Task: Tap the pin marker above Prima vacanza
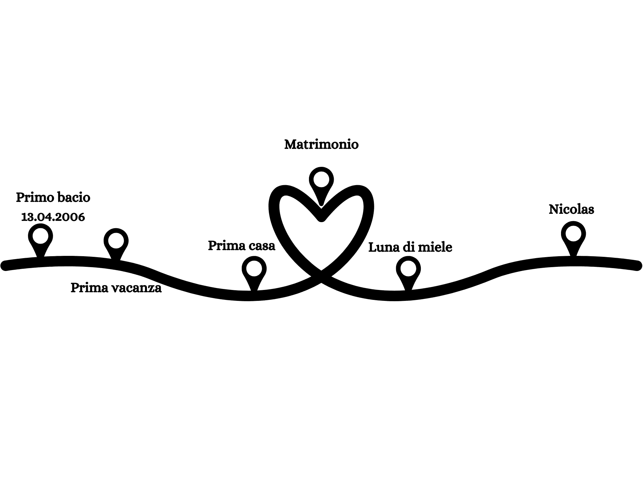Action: click(x=116, y=241)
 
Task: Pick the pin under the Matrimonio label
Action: click(x=321, y=180)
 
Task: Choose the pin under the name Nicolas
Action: click(x=573, y=234)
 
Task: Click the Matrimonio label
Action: click(x=321, y=145)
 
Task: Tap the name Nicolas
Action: click(x=571, y=210)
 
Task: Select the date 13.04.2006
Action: click(x=53, y=217)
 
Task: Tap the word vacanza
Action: click(x=136, y=288)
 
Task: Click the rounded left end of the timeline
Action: click(x=5, y=266)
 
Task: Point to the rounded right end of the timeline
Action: click(x=637, y=266)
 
